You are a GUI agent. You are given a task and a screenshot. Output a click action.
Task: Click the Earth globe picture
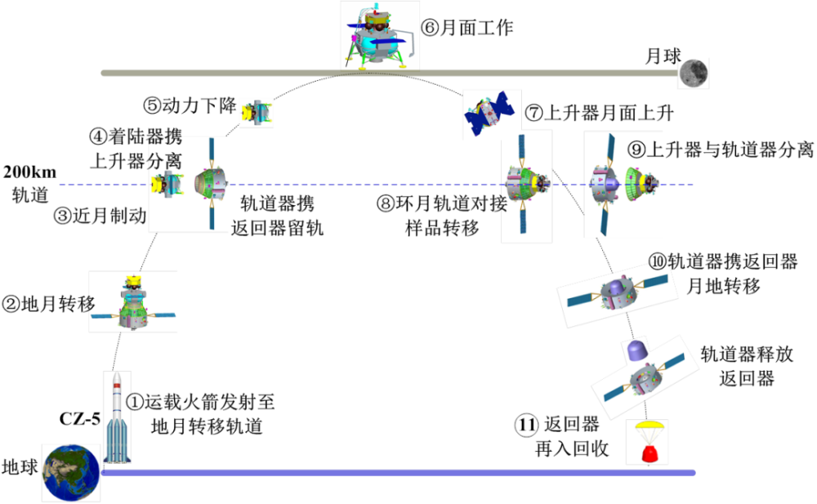pyautogui.click(x=72, y=473)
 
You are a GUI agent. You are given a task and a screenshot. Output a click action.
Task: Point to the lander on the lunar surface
pyautogui.click(x=377, y=37)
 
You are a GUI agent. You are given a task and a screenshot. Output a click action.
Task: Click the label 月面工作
pyautogui.click(x=467, y=29)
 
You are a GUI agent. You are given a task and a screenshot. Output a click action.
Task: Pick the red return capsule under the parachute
pyautogui.click(x=643, y=452)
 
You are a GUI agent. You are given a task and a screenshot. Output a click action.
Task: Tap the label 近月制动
pyautogui.click(x=99, y=216)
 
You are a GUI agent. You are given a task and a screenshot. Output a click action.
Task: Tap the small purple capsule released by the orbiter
pyautogui.click(x=635, y=352)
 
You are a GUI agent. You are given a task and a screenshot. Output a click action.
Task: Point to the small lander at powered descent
pyautogui.click(x=256, y=113)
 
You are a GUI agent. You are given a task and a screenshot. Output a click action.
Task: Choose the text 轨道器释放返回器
pyautogui.click(x=745, y=366)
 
